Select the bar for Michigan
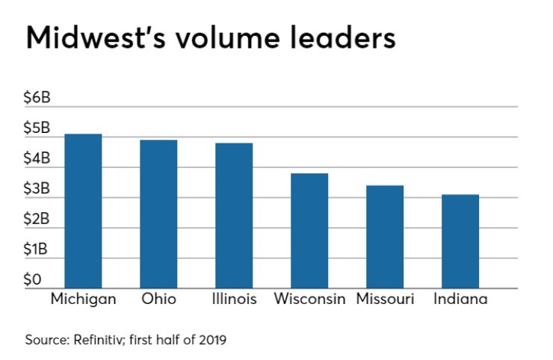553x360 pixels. [83, 211]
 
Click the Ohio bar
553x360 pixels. [158, 214]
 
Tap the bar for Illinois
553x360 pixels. [234, 215]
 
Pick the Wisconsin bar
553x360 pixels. [309, 231]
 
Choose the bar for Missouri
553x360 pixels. [385, 237]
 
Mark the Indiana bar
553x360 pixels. [460, 241]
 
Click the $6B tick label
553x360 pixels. [37, 97]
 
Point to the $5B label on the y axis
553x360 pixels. [37, 128]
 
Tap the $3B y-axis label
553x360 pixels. [37, 189]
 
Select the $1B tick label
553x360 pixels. [35, 249]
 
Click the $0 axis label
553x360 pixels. [32, 279]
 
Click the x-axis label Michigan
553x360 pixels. [83, 300]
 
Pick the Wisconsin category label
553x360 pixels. [309, 299]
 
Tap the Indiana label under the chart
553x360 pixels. [460, 299]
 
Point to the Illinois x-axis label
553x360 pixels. [234, 299]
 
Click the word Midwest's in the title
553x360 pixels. [96, 37]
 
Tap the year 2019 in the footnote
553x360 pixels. [212, 340]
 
